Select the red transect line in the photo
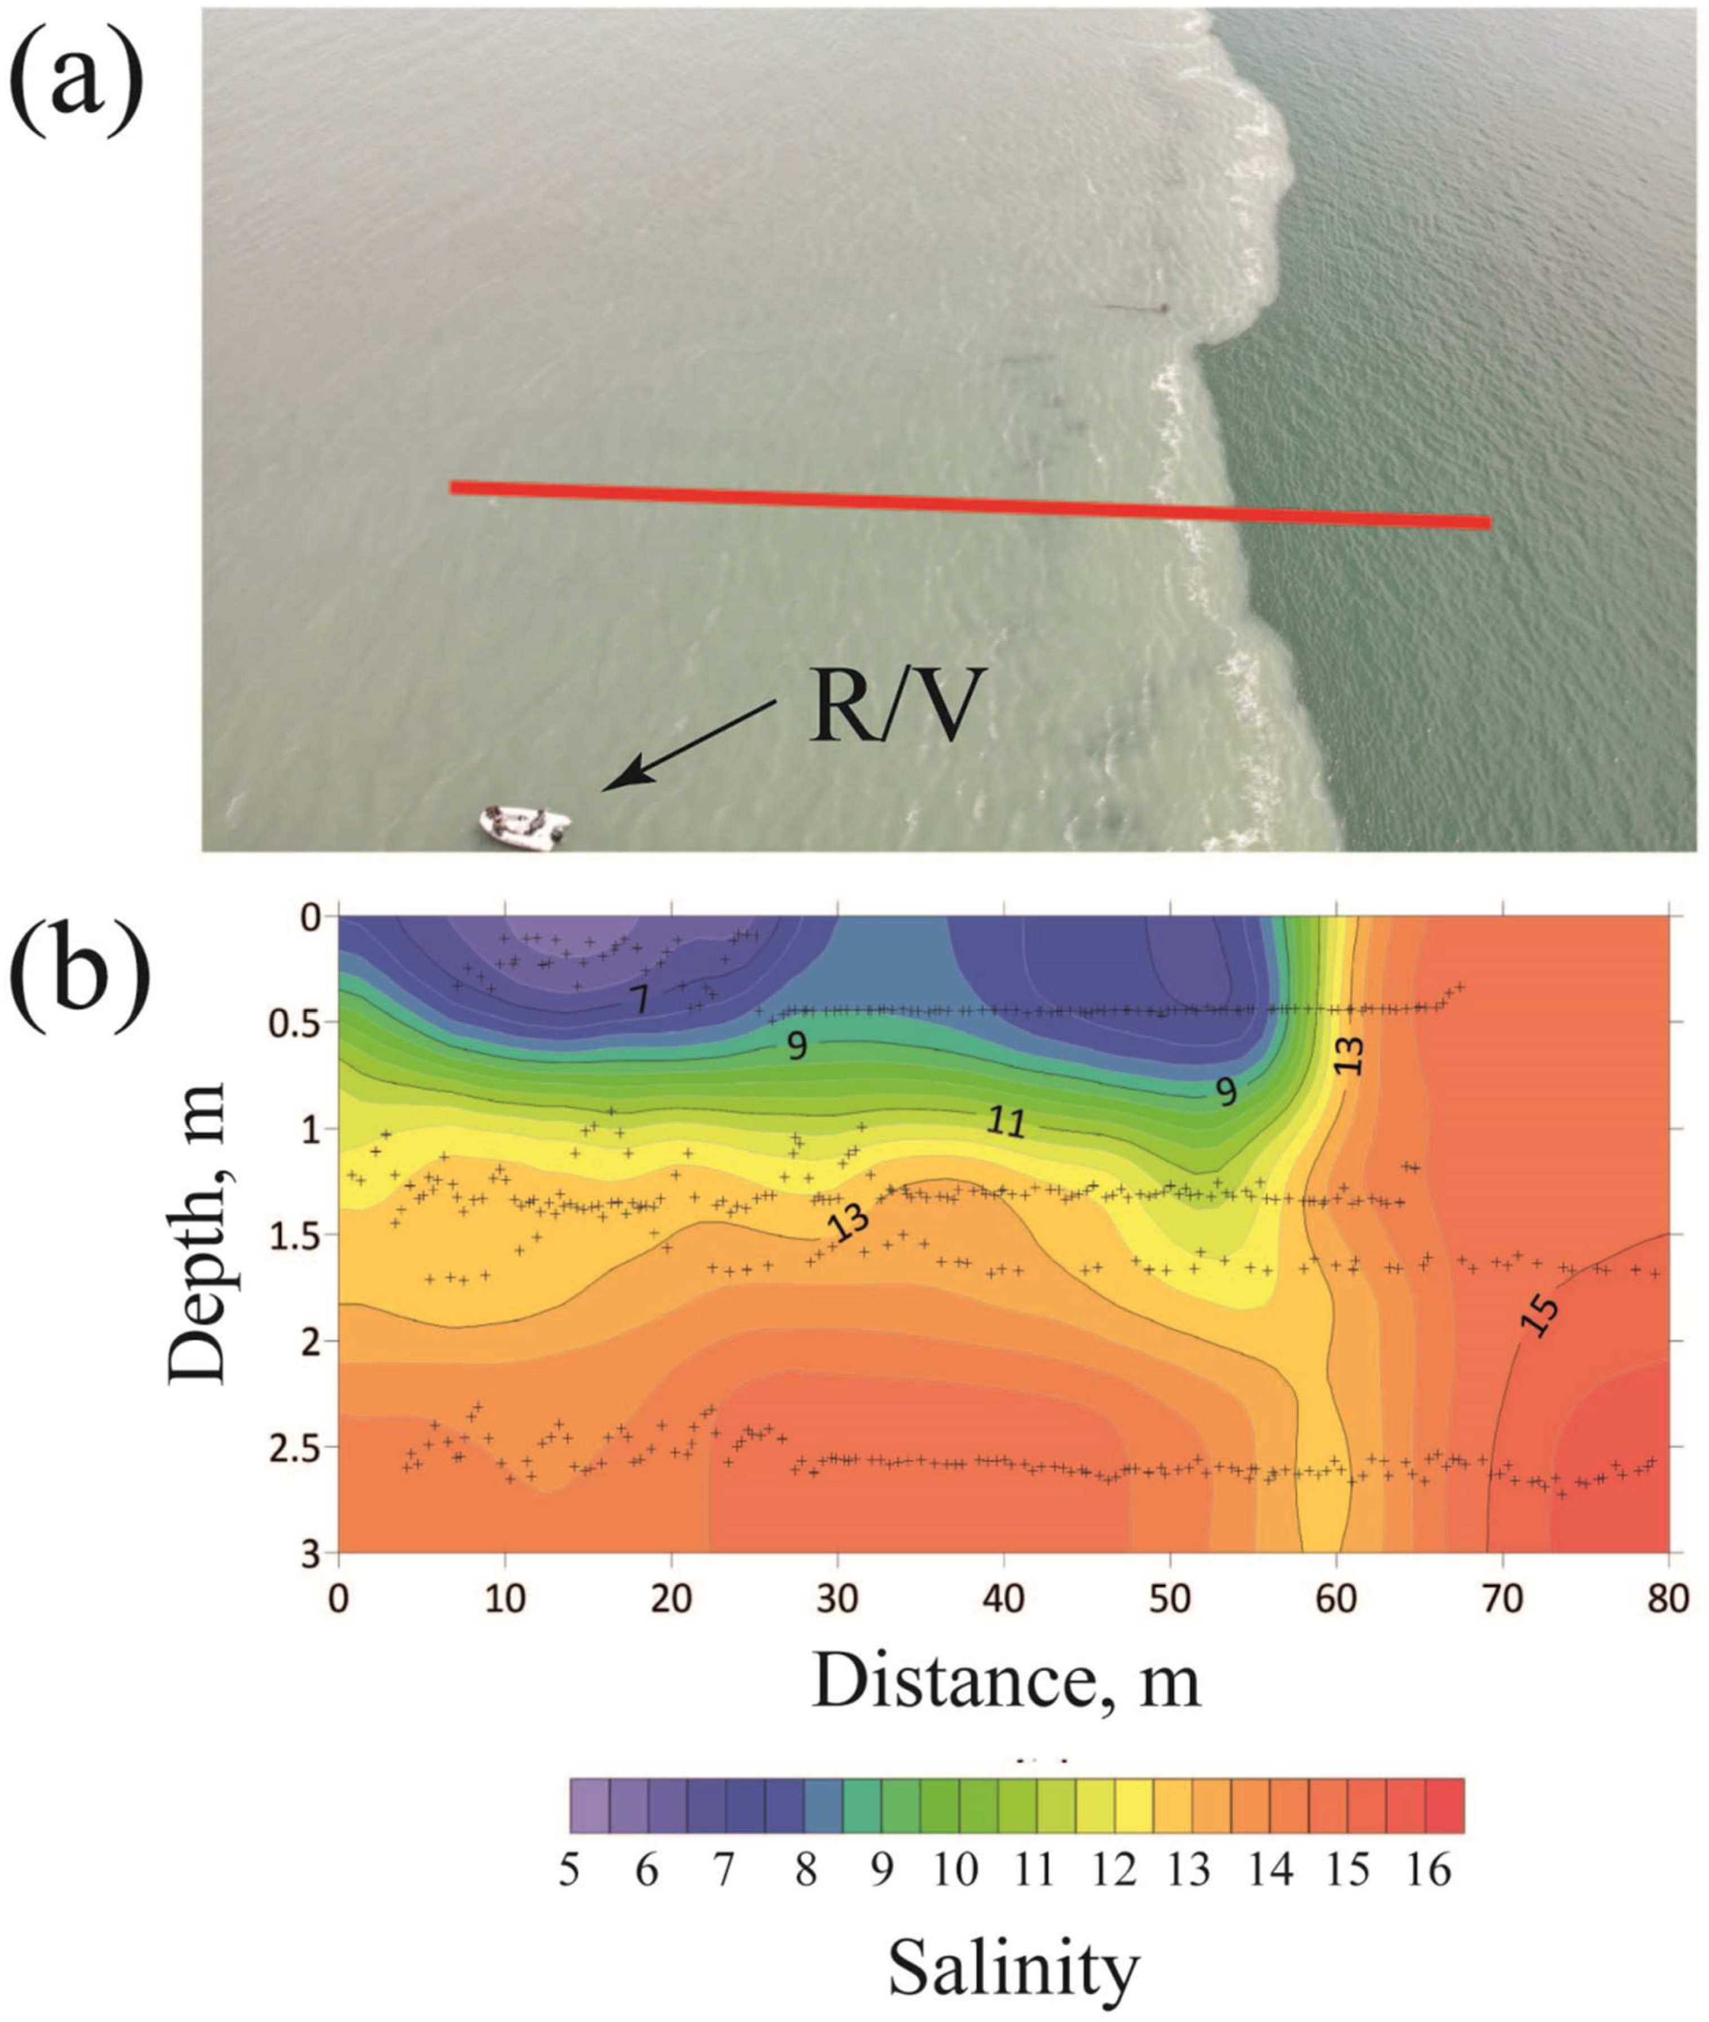969,505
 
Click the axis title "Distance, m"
1006,1679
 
